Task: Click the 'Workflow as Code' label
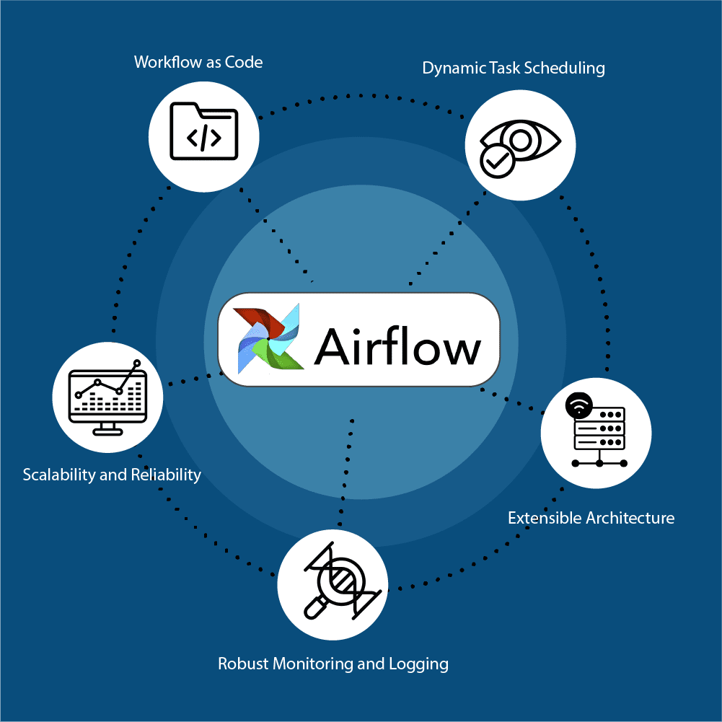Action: [x=198, y=62]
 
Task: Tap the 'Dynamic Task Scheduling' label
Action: [x=513, y=69]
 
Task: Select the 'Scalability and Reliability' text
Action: [x=112, y=475]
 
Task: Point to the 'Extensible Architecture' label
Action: [x=591, y=518]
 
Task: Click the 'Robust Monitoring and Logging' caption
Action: [x=333, y=664]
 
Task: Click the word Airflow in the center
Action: [x=397, y=347]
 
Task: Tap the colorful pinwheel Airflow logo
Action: [x=268, y=337]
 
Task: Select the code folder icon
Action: [x=204, y=132]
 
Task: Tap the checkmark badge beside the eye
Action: [x=497, y=160]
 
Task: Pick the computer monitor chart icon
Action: [x=107, y=397]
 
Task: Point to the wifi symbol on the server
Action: [x=578, y=405]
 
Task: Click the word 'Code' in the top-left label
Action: [x=244, y=62]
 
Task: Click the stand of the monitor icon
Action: [x=107, y=428]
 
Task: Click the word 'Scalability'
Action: [x=58, y=475]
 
